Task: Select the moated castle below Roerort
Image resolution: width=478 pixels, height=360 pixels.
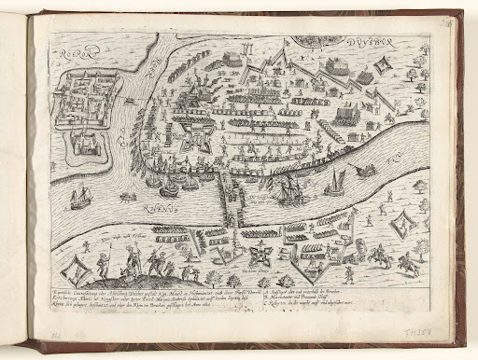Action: point(82,164)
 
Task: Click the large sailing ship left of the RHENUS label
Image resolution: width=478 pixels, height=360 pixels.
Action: point(81,197)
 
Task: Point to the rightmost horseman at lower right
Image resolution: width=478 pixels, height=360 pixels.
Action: point(407,264)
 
